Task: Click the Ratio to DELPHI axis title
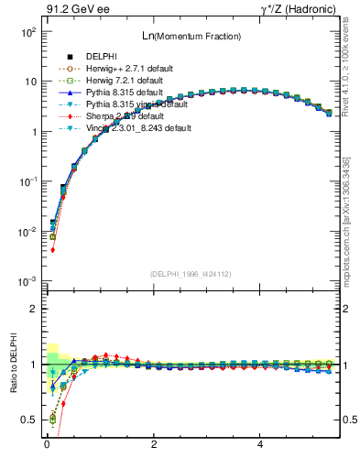pos(14,364)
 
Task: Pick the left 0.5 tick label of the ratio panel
pos(28,420)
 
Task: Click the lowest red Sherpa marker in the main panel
pos(52,249)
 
